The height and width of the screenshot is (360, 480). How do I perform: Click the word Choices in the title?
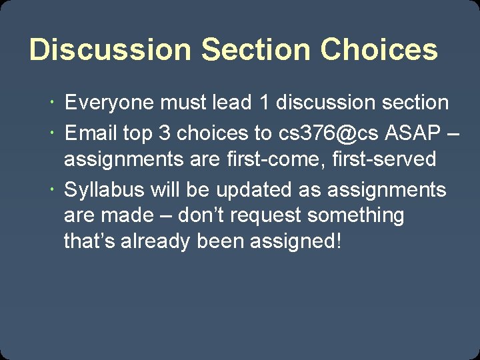pyautogui.click(x=379, y=50)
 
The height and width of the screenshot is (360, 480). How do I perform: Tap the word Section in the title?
pyautogui.click(x=256, y=50)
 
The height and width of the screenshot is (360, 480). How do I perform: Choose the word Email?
pyautogui.click(x=91, y=133)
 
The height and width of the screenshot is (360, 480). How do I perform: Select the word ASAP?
pyautogui.click(x=413, y=133)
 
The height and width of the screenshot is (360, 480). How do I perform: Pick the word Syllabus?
pyautogui.click(x=104, y=190)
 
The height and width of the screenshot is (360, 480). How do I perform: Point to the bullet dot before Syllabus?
pyautogui.click(x=53, y=190)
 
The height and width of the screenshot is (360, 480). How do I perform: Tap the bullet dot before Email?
pyautogui.click(x=53, y=133)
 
